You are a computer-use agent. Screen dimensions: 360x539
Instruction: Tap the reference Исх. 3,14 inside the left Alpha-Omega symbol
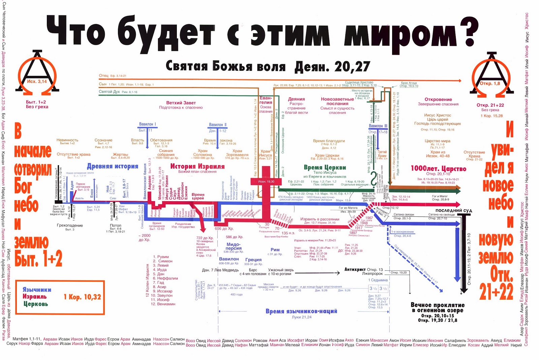pyautogui.click(x=37, y=82)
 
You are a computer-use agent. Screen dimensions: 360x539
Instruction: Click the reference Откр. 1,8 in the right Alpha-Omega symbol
pyautogui.click(x=490, y=83)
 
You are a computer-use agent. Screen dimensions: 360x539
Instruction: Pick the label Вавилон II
pyautogui.click(x=218, y=125)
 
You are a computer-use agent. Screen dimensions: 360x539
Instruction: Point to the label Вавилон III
pyautogui.click(x=378, y=126)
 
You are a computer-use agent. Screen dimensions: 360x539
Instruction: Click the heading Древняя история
pyautogui.click(x=113, y=166)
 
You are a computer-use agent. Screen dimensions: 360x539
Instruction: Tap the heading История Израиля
pyautogui.click(x=197, y=166)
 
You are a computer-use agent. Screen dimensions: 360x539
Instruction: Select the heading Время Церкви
pyautogui.click(x=325, y=167)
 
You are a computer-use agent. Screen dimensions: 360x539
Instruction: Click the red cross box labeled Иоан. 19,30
pyautogui.click(x=266, y=181)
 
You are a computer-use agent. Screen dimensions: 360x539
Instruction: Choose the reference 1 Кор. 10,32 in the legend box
pyautogui.click(x=82, y=297)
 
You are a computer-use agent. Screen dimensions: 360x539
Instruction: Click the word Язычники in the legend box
pyautogui.click(x=37, y=290)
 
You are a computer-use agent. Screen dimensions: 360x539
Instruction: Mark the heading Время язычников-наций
pyautogui.click(x=301, y=311)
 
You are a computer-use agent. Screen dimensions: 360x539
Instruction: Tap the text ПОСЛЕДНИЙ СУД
pyautogui.click(x=453, y=211)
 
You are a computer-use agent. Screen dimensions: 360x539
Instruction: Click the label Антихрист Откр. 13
pyautogui.click(x=363, y=270)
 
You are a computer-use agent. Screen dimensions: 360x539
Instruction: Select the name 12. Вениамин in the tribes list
pyautogui.click(x=163, y=304)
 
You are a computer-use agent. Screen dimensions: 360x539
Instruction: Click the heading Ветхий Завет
pyautogui.click(x=181, y=103)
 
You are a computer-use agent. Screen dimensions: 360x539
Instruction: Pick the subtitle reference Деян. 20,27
pyautogui.click(x=332, y=67)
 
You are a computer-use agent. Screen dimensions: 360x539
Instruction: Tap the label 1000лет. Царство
pyautogui.click(x=438, y=169)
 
